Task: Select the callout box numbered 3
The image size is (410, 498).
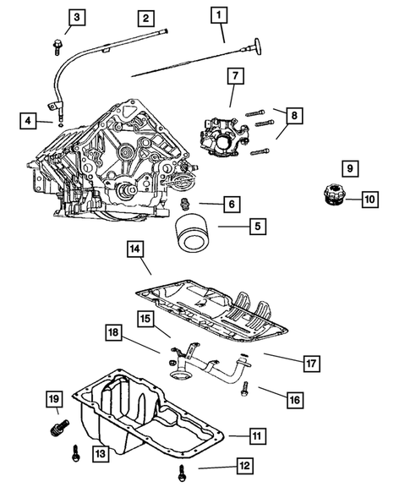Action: coord(77,17)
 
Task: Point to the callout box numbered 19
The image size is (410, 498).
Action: coord(53,398)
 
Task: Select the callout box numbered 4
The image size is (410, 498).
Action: coord(30,122)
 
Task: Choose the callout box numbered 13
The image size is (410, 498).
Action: coord(100,456)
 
